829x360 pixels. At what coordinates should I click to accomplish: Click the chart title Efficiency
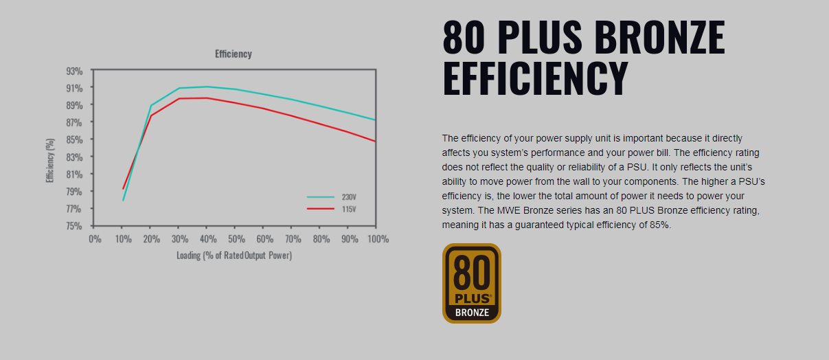(233, 54)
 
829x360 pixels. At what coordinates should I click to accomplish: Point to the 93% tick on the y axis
(74, 71)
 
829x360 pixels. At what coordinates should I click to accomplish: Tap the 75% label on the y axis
(74, 225)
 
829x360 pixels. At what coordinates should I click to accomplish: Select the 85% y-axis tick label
(74, 139)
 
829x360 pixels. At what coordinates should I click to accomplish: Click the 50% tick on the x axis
(236, 239)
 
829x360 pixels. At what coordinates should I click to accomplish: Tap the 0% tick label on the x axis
(95, 239)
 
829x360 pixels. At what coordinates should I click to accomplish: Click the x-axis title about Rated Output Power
(234, 256)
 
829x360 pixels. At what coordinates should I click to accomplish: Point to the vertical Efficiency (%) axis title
(50, 160)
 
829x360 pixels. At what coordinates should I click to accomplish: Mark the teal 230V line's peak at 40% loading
(207, 87)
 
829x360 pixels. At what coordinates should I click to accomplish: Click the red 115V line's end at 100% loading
(375, 141)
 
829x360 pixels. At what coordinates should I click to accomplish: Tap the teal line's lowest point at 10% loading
(123, 201)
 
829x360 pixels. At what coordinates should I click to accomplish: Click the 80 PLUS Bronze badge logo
(472, 283)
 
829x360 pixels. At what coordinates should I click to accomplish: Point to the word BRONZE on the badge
(473, 313)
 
